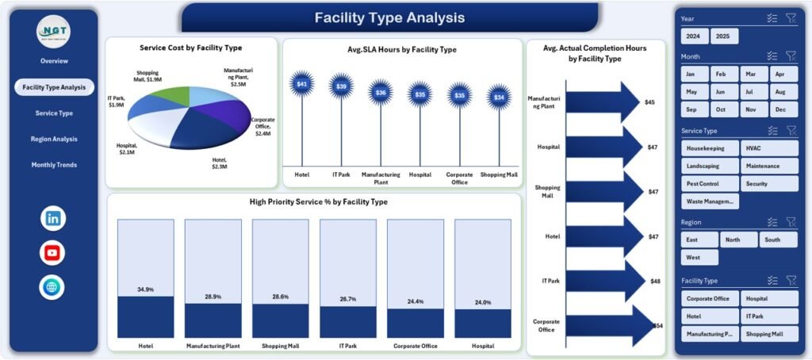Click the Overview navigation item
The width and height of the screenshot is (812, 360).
[x=54, y=61]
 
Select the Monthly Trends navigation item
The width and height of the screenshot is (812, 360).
[x=54, y=165]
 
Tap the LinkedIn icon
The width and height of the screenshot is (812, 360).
[x=53, y=218]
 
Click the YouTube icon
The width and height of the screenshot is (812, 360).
[x=53, y=253]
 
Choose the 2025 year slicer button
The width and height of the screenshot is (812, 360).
[x=724, y=36]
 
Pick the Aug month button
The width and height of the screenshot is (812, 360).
[x=782, y=92]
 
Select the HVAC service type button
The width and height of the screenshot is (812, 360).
[x=769, y=148]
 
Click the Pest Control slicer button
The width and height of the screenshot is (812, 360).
[x=710, y=184]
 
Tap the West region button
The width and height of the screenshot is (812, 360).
[x=699, y=258]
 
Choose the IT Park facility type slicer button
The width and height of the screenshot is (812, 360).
[x=769, y=316]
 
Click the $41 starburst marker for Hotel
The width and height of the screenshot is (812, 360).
[x=302, y=84]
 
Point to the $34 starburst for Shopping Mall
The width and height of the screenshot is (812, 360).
[x=498, y=97]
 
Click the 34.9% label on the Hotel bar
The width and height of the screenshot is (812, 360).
[x=145, y=290]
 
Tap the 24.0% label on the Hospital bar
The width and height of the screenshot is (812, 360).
[x=482, y=303]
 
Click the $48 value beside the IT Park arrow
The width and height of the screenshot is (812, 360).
[x=655, y=281]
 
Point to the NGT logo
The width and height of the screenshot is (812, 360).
[x=54, y=31]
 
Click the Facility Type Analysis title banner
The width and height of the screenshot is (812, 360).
[x=389, y=17]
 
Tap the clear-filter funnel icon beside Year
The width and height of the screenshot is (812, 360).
[x=791, y=18]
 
